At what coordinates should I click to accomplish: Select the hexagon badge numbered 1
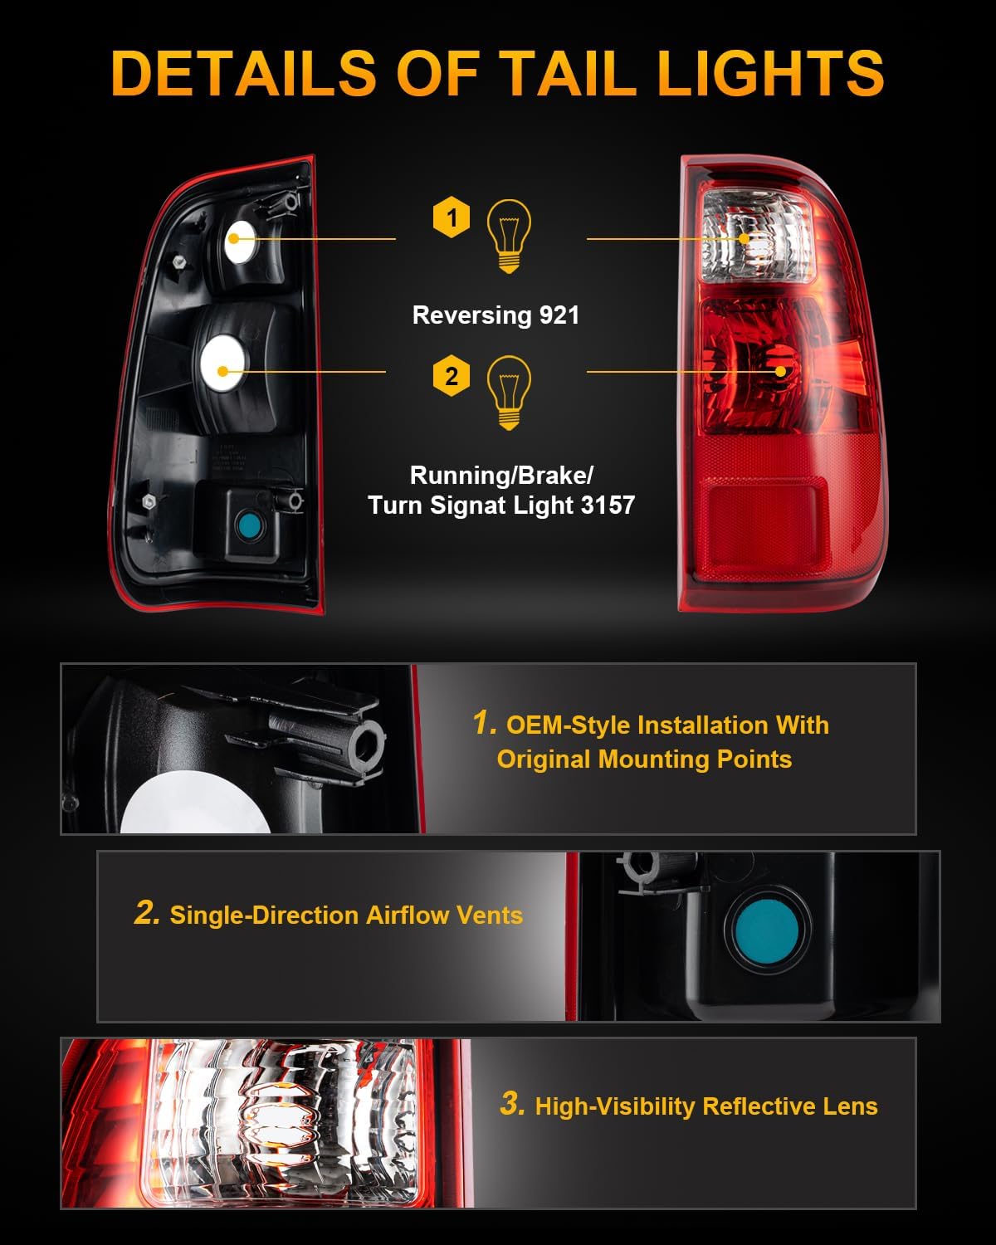[x=452, y=218]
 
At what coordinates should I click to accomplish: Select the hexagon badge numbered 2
[x=452, y=376]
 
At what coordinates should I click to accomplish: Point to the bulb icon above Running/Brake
[x=508, y=393]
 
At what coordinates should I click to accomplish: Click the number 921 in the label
[x=559, y=315]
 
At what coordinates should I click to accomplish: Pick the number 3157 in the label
[x=608, y=505]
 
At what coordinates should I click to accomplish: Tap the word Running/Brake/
[x=501, y=476]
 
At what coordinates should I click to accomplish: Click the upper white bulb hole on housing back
[x=241, y=242]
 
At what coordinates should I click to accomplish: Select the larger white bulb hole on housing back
[x=222, y=366]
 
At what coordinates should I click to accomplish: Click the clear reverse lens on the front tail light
[x=754, y=237]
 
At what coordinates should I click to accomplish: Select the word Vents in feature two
[x=491, y=915]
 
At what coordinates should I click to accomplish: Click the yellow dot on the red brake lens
[x=780, y=372]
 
